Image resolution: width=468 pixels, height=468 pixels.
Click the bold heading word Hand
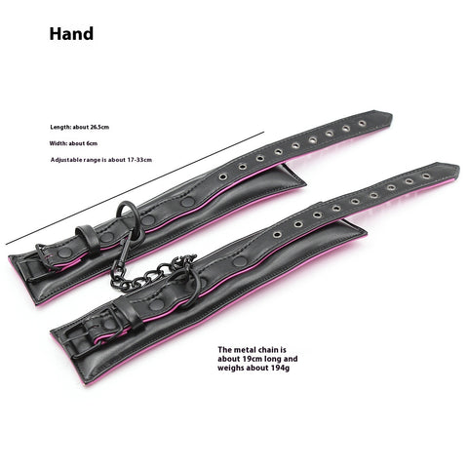click(x=71, y=34)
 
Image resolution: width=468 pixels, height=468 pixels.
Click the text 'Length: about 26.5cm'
click(x=80, y=127)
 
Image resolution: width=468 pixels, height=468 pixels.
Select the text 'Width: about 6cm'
click(x=73, y=143)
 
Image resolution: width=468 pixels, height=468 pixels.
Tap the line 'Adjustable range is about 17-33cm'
click(x=101, y=160)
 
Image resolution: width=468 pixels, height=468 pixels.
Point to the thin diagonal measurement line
click(x=135, y=188)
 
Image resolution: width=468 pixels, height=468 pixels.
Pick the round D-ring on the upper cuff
click(x=130, y=218)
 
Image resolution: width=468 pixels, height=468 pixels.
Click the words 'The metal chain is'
click(x=253, y=350)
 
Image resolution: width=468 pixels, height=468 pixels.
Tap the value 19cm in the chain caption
click(x=251, y=359)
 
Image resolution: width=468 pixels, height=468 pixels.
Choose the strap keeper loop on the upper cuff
click(x=85, y=240)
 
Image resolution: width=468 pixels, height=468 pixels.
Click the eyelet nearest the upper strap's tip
click(x=362, y=124)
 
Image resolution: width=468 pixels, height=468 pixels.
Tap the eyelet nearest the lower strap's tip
click(x=426, y=176)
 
